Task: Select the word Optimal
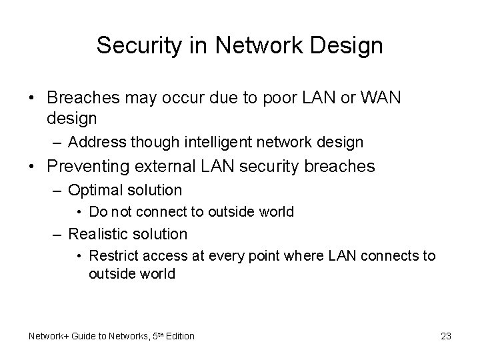[93, 190]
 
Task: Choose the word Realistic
[98, 234]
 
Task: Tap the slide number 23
[445, 336]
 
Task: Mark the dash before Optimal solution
[57, 191]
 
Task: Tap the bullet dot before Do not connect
[79, 213]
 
